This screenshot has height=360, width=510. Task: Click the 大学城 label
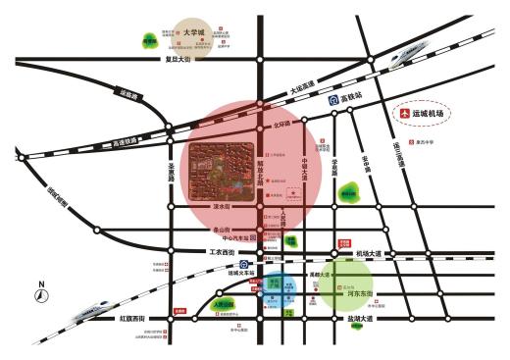pyautogui.click(x=193, y=32)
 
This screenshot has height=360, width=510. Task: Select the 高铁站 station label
pyautogui.click(x=352, y=99)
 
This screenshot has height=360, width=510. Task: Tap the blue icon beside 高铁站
pyautogui.click(x=333, y=99)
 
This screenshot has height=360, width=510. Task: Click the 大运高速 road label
pyautogui.click(x=302, y=89)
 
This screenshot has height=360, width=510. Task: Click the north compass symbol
pyautogui.click(x=41, y=290)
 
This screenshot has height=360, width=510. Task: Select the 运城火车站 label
pyautogui.click(x=240, y=274)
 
